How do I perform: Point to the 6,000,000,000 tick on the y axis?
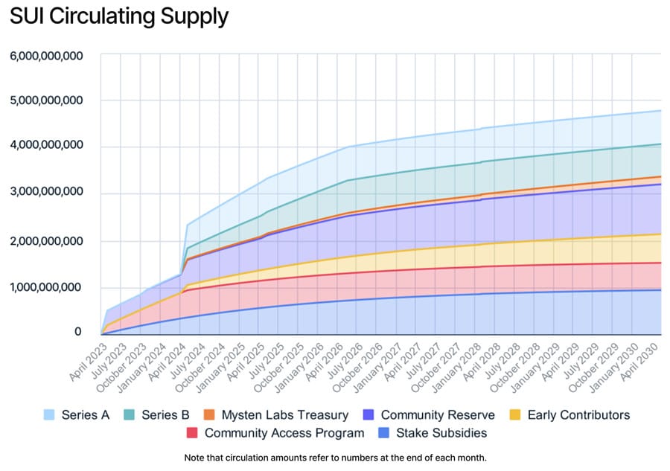[46, 56]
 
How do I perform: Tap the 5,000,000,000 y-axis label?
[46, 100]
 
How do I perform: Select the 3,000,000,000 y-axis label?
[46, 193]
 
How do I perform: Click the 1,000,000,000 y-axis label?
[46, 287]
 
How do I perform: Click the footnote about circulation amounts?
[334, 458]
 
